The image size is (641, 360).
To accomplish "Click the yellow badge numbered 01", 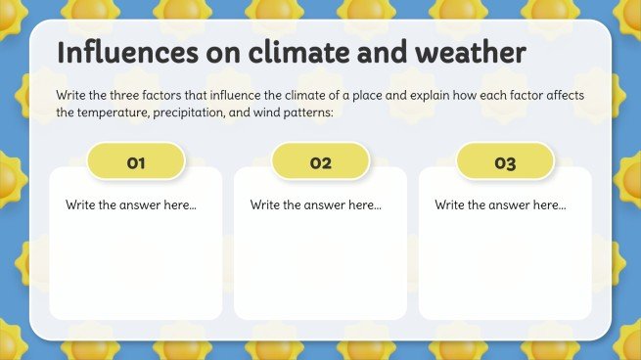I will coord(136,162).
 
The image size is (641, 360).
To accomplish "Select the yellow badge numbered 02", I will coord(320,162).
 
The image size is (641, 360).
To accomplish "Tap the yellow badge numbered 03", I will coord(505,162).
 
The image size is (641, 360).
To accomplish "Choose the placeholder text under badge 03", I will coord(500,205).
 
